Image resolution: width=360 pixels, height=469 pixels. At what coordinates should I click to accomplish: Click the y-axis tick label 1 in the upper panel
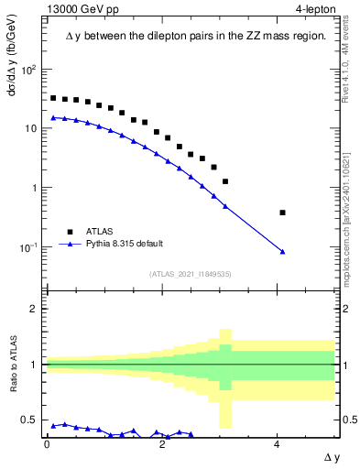[x=35, y=189]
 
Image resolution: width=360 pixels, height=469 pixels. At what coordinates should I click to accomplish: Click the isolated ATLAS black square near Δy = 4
[x=282, y=213]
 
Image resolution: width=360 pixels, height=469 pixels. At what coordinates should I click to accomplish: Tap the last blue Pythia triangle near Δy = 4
[x=282, y=251]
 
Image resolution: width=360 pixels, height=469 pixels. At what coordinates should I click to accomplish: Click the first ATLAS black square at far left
[x=53, y=98]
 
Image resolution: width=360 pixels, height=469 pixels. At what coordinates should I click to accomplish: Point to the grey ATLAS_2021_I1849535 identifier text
[x=190, y=274]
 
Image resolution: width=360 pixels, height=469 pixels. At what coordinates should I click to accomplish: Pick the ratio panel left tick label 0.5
[x=31, y=420]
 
